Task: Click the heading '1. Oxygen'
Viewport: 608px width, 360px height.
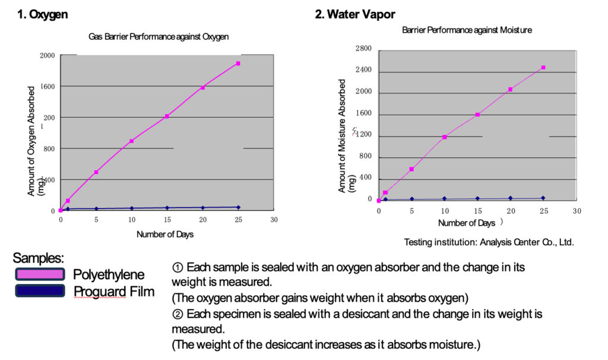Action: [x=43, y=15]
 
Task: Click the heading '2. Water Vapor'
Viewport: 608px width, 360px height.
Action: [x=354, y=14]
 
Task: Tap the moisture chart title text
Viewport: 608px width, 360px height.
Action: [x=467, y=30]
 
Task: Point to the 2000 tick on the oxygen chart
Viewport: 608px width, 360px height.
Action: [x=47, y=56]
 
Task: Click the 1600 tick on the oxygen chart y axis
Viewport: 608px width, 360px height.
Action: [x=47, y=87]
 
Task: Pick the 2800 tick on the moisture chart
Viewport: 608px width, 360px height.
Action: [x=363, y=49]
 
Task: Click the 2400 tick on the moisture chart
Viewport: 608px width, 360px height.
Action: [x=363, y=70]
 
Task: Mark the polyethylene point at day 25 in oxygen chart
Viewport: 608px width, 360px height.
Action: [x=238, y=63]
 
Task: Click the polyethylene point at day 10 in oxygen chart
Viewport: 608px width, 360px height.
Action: [x=131, y=141]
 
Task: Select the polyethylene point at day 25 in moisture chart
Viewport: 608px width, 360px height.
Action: [x=543, y=68]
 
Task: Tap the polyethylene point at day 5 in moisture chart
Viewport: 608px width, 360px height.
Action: [x=411, y=169]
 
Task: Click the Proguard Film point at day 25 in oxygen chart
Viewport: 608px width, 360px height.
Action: [x=238, y=207]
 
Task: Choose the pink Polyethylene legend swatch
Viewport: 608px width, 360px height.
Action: [x=40, y=274]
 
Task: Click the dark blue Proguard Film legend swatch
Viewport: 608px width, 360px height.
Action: [x=40, y=290]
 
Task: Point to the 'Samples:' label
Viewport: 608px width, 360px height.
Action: [x=38, y=258]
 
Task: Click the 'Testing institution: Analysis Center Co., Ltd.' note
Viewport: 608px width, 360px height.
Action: [x=489, y=242]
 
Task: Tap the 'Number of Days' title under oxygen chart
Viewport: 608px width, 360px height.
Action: [x=165, y=234]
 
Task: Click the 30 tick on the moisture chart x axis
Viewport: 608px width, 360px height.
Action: [x=576, y=211]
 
